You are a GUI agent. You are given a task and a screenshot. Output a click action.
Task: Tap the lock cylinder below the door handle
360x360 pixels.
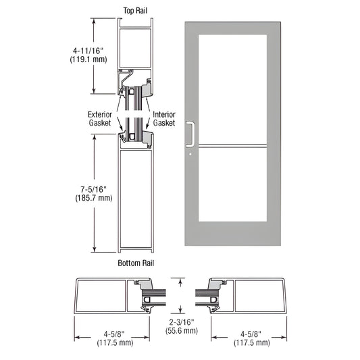click(x=190, y=154)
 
